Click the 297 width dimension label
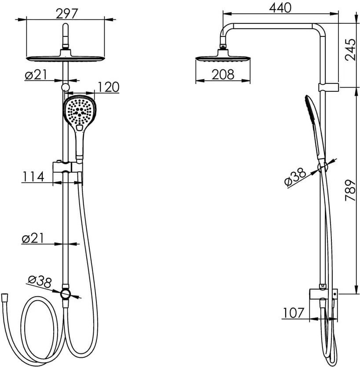(67, 14)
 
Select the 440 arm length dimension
(280, 8)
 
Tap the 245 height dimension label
(351, 50)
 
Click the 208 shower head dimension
(223, 74)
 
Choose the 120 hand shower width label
(108, 87)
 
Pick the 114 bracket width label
(33, 176)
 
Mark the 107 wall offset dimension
(294, 312)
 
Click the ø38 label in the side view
(295, 178)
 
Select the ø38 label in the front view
(39, 282)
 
